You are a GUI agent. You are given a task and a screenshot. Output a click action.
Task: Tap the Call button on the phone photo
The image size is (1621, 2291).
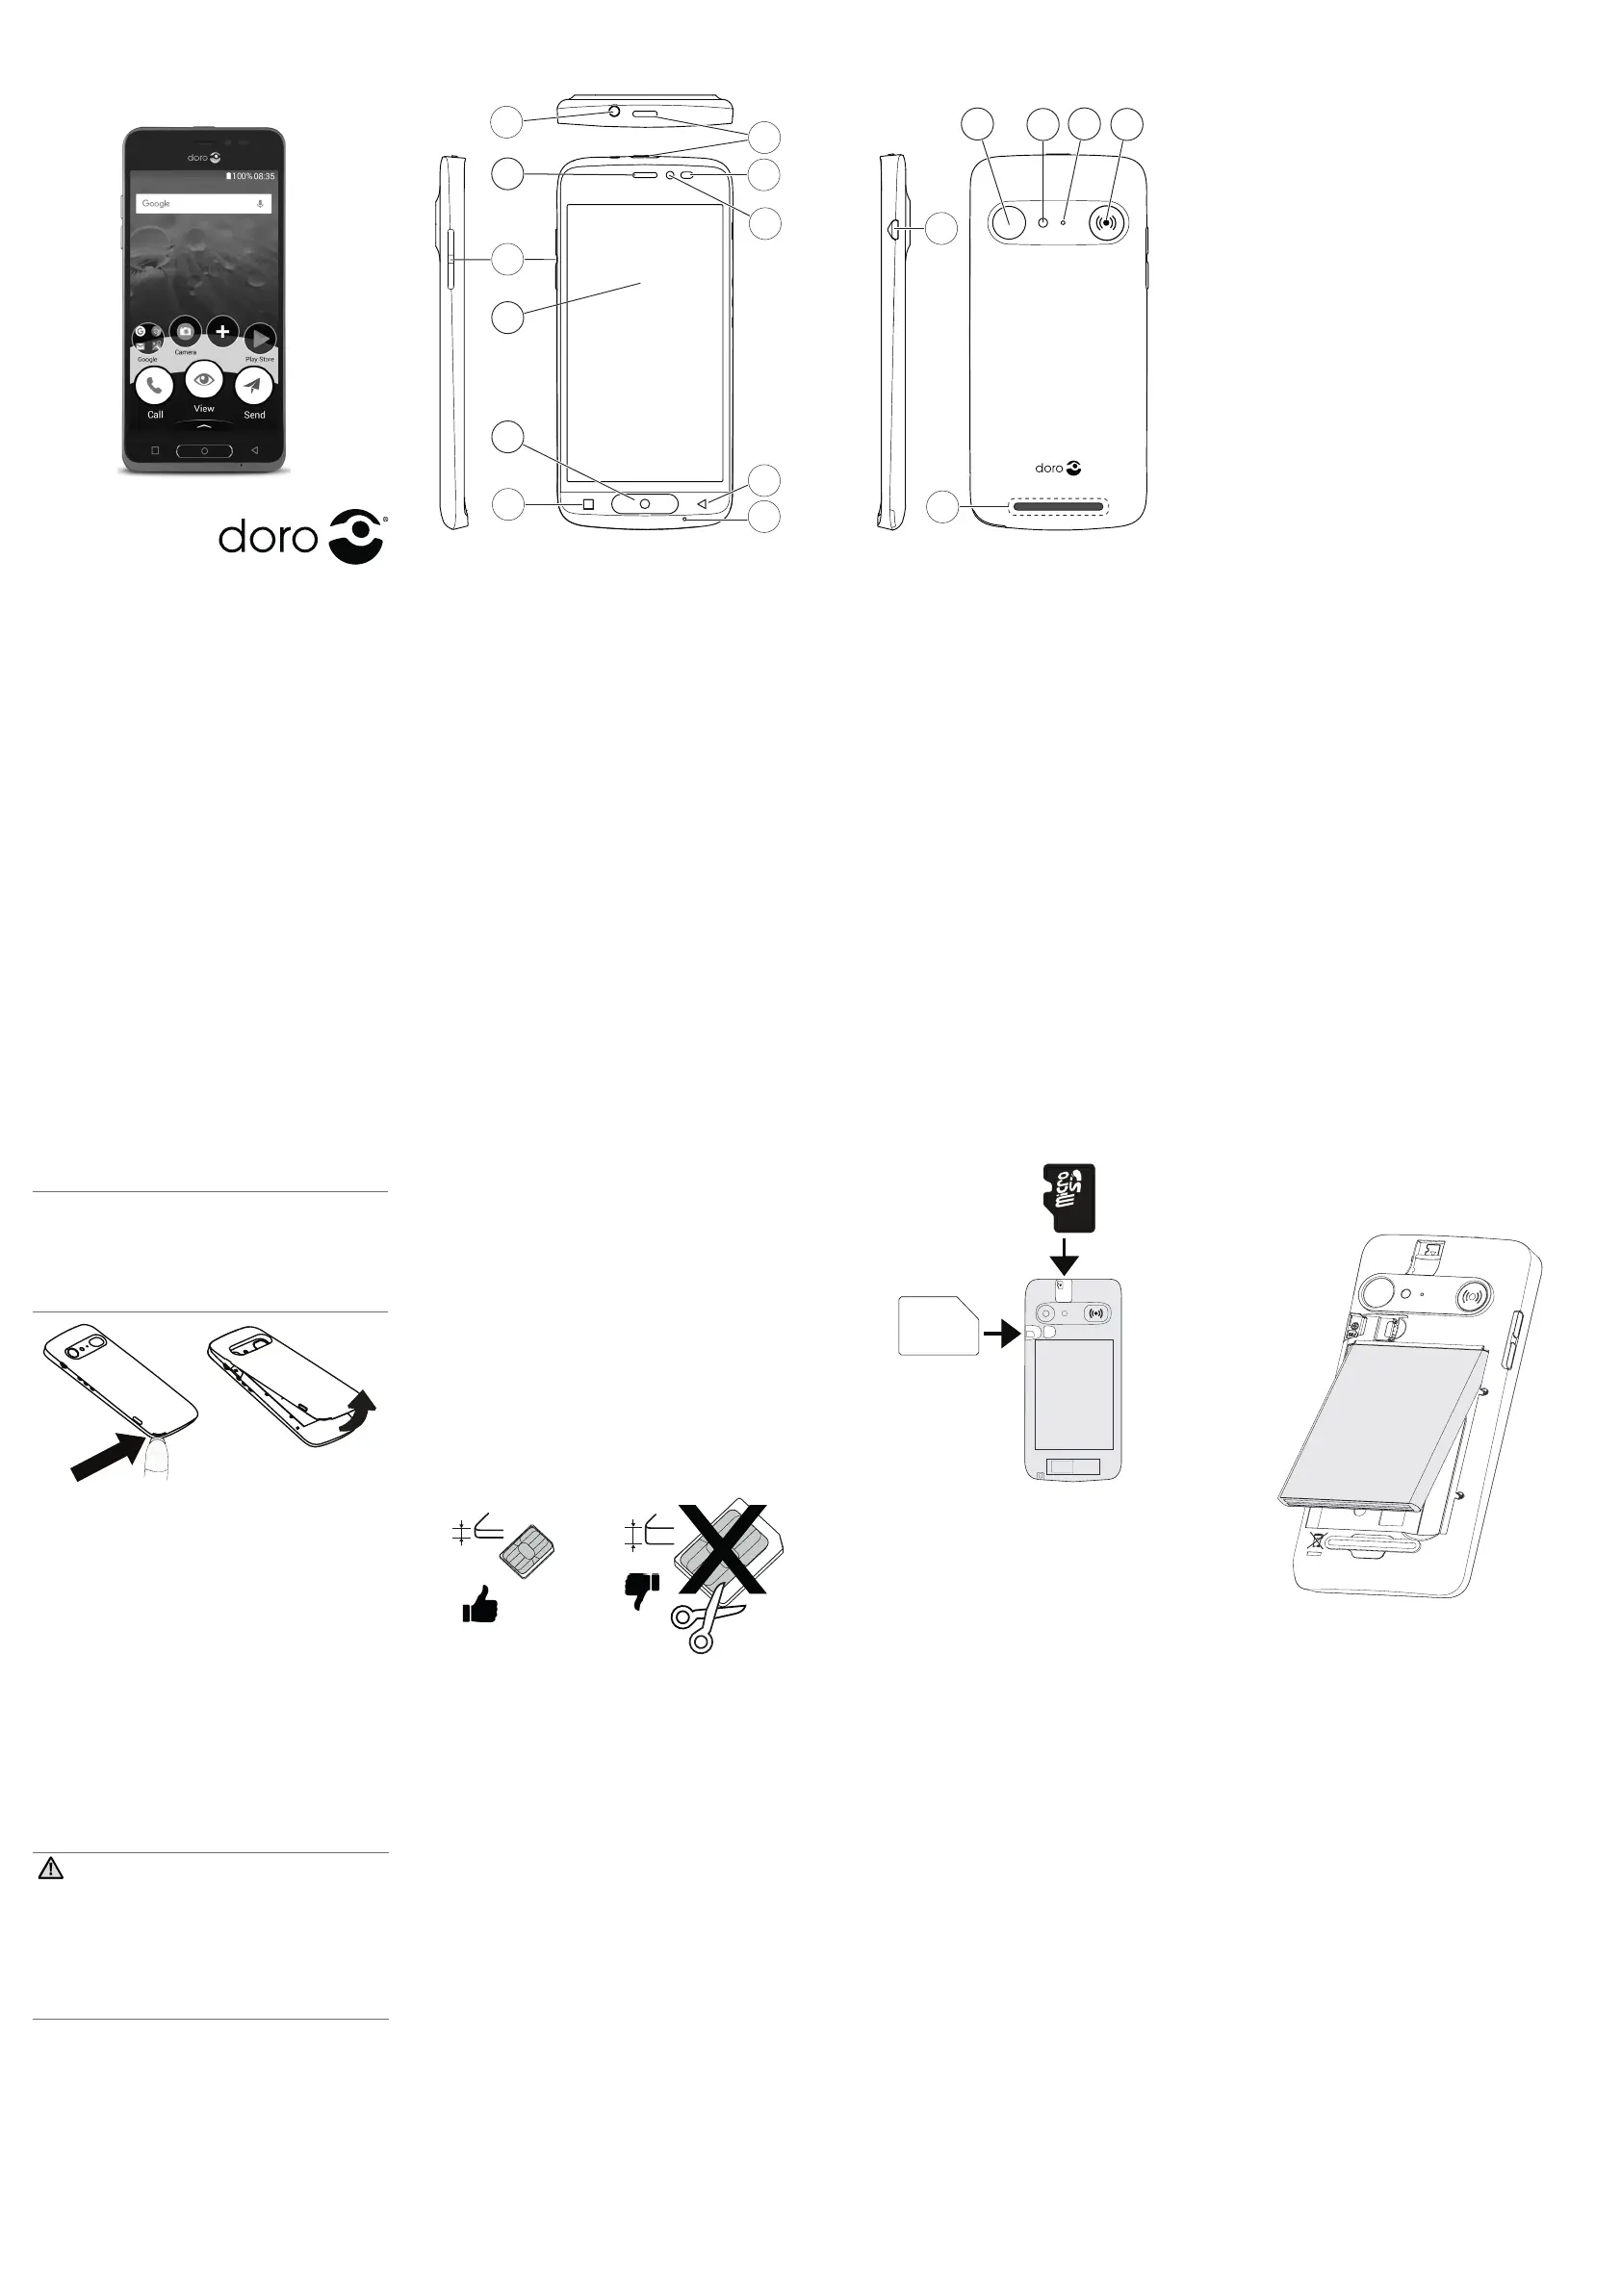click(x=154, y=386)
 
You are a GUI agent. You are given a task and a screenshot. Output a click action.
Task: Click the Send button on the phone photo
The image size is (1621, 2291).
click(x=253, y=386)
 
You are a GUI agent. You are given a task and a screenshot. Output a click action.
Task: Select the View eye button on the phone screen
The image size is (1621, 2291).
click(x=204, y=380)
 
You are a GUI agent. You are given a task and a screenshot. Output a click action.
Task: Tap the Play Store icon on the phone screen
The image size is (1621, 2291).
click(x=260, y=340)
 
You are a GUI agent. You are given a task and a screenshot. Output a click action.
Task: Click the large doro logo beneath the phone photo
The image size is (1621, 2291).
click(x=302, y=537)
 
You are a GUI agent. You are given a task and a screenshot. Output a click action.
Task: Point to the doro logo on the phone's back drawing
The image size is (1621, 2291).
click(x=1058, y=468)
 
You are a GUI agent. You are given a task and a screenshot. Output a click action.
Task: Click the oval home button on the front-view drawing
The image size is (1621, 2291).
click(x=644, y=504)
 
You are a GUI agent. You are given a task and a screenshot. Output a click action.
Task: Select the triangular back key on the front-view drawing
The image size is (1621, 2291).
click(x=702, y=504)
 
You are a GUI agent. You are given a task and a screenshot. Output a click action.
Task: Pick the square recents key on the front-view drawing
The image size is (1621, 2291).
click(x=588, y=504)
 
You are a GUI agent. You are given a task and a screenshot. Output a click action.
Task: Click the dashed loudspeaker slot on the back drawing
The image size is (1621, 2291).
click(x=1058, y=507)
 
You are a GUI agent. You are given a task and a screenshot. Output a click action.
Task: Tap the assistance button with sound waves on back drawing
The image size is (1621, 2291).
click(x=1106, y=222)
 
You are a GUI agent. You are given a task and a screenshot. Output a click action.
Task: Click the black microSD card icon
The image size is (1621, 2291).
click(x=1068, y=1197)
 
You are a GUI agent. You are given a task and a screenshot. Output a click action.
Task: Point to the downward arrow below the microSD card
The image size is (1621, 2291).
click(x=1065, y=1257)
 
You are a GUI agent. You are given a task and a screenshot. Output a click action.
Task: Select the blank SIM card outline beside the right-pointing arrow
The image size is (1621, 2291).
click(x=939, y=1325)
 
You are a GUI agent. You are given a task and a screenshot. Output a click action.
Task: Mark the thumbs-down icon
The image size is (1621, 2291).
click(x=641, y=1590)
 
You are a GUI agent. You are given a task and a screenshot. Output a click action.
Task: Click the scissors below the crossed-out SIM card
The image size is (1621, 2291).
click(x=705, y=1623)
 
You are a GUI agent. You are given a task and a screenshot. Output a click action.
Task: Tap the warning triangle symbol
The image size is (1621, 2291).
click(x=50, y=1868)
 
